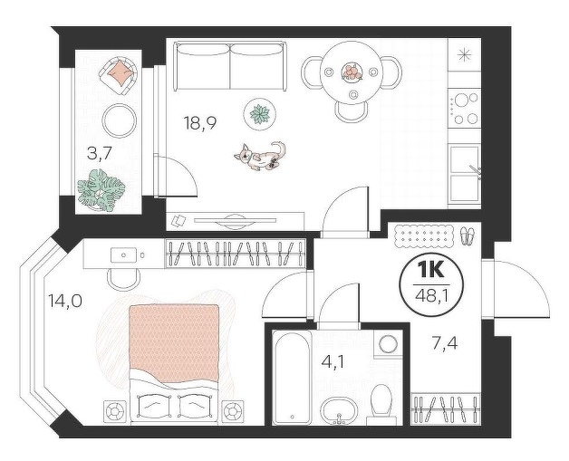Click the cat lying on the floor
tap(260, 156)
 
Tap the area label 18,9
tap(200, 124)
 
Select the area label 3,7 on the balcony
tap(99, 155)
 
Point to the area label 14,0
tap(65, 301)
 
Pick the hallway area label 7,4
tap(445, 342)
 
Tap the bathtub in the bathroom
tap(292, 377)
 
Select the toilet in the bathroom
tap(381, 404)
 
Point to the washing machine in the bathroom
tap(388, 343)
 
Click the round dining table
tap(352, 72)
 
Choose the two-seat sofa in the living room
tap(230, 66)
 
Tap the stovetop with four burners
tap(465, 109)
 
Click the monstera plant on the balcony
tap(101, 189)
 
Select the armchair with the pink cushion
tap(118, 76)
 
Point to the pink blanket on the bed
tap(174, 344)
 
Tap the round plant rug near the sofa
tap(261, 113)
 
